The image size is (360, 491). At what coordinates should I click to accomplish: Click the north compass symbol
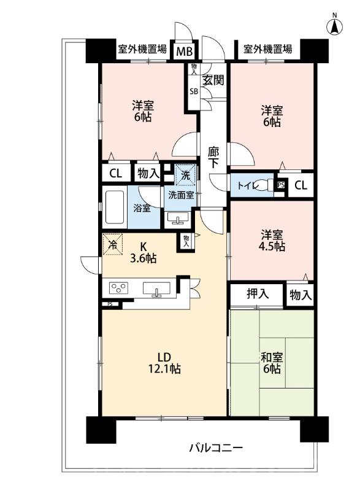335,26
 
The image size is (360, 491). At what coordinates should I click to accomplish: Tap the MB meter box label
184,51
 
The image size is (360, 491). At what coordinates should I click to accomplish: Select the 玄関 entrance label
213,80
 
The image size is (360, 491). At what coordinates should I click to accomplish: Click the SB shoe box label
194,91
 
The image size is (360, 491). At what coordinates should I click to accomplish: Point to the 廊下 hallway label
213,158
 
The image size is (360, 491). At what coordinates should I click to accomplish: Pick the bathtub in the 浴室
115,207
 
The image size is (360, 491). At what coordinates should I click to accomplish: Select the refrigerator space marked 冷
112,244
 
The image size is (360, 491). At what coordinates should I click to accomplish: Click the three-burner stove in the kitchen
118,288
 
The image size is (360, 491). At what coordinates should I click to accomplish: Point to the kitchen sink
157,288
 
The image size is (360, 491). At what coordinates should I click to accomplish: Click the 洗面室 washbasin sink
178,218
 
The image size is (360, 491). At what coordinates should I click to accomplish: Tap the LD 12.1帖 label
164,363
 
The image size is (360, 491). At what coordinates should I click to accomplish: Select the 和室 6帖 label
272,363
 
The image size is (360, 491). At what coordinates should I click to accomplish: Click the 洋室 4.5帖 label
272,241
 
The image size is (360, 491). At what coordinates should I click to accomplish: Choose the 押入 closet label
258,293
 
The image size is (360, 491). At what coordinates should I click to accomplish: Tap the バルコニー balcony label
216,448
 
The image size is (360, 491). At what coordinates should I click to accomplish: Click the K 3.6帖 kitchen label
143,253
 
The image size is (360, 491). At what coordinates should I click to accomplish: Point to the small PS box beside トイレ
280,185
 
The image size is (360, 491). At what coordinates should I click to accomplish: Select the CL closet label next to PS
301,186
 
